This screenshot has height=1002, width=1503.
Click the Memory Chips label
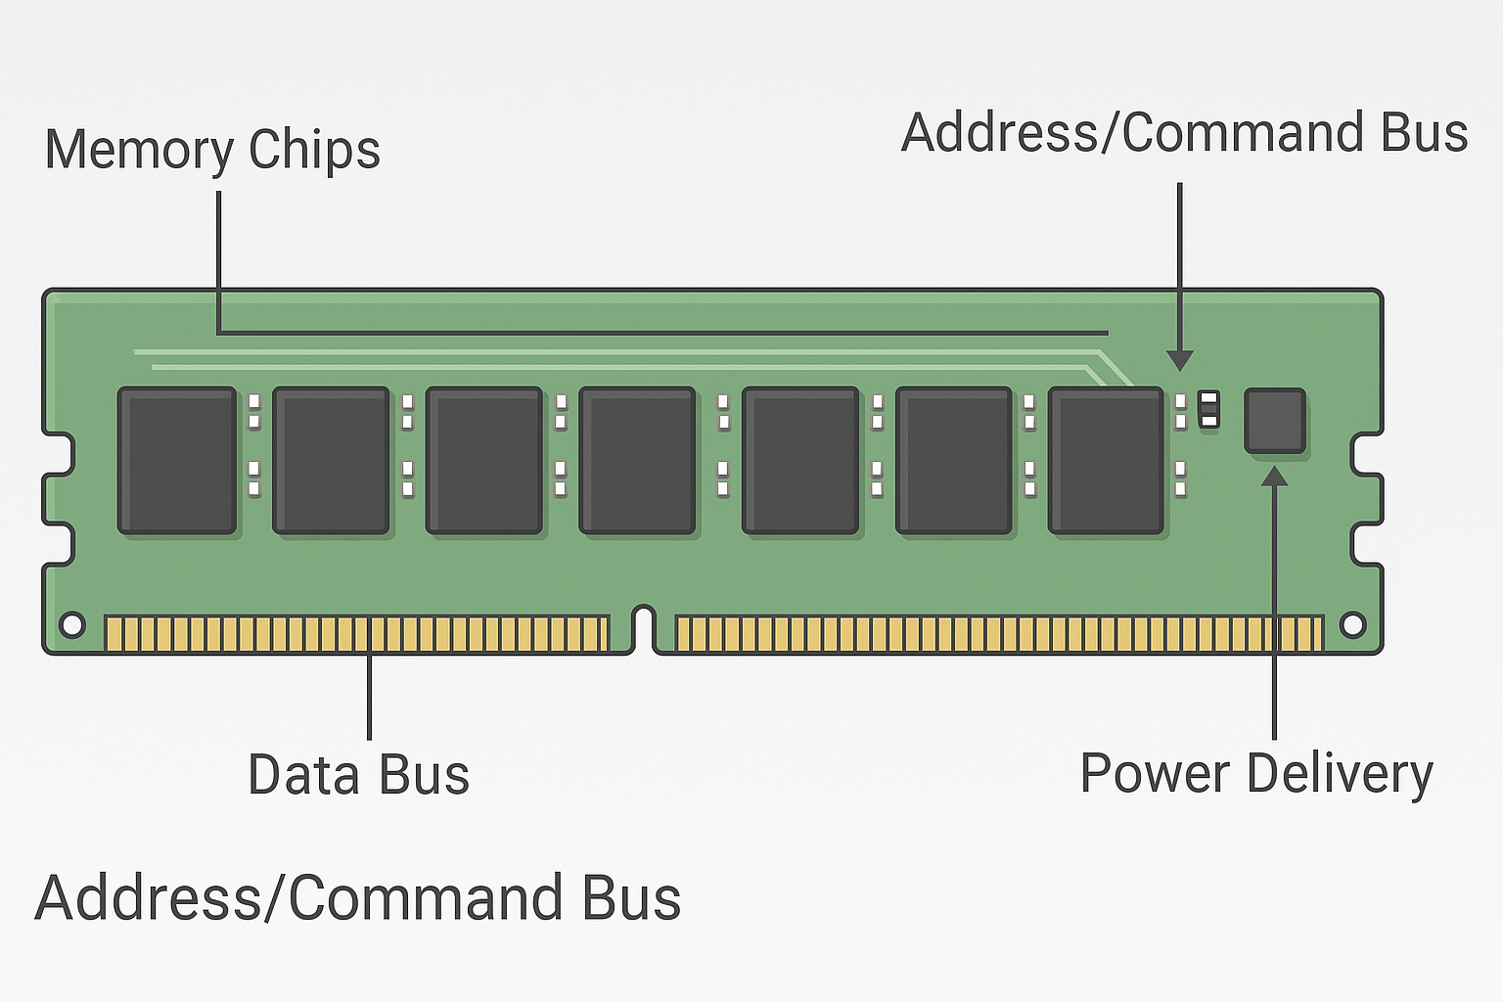point(212,150)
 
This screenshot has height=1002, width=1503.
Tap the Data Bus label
point(358,774)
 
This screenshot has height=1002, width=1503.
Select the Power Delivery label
point(1255,774)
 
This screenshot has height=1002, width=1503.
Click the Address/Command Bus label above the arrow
point(1184,133)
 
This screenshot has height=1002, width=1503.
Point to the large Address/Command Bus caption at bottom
point(358,898)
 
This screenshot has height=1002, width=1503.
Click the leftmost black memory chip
point(177,461)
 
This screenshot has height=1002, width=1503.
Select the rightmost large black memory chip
point(1107,461)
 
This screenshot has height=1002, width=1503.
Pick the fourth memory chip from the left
point(638,461)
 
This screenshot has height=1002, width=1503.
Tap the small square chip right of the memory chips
point(1275,421)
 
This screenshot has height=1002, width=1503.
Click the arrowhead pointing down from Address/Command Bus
point(1180,360)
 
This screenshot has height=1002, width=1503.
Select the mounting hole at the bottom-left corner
point(72,624)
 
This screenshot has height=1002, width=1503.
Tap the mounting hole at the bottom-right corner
point(1352,624)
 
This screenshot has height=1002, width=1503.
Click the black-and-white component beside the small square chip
point(1209,408)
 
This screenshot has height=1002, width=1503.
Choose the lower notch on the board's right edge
point(1366,545)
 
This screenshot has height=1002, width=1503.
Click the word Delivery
point(1340,774)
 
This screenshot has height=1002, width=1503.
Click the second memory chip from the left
point(332,461)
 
